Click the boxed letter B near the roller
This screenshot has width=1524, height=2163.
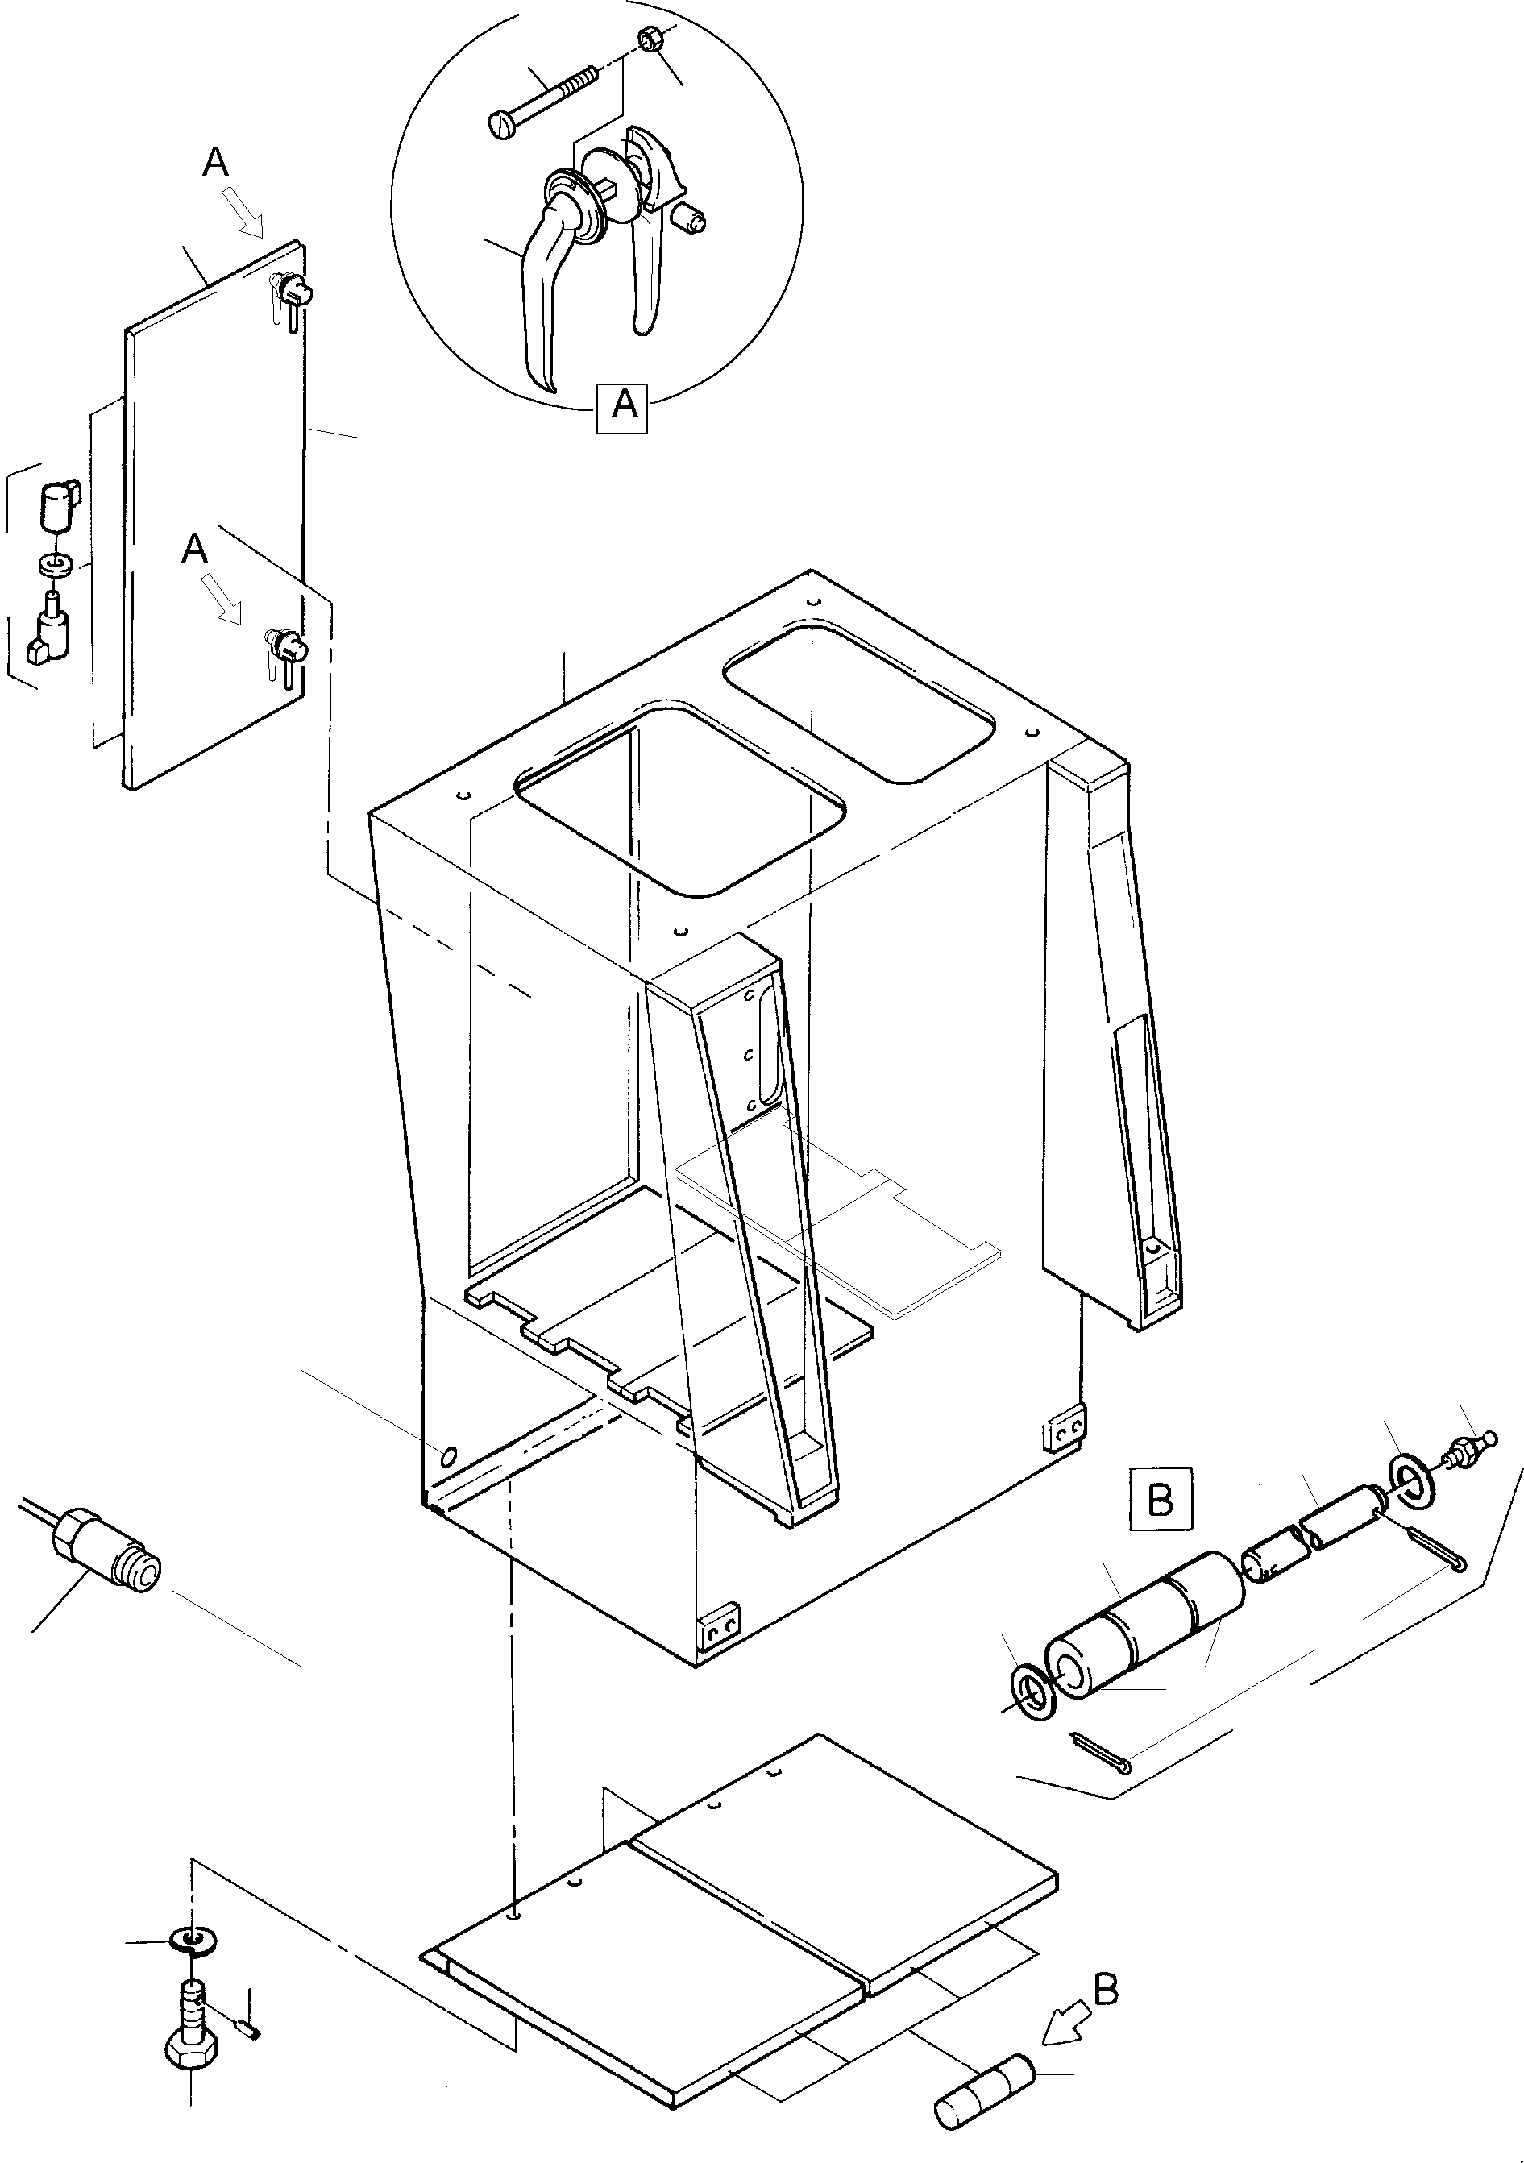[1161, 1499]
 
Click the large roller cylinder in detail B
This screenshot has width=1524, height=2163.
[1144, 1626]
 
